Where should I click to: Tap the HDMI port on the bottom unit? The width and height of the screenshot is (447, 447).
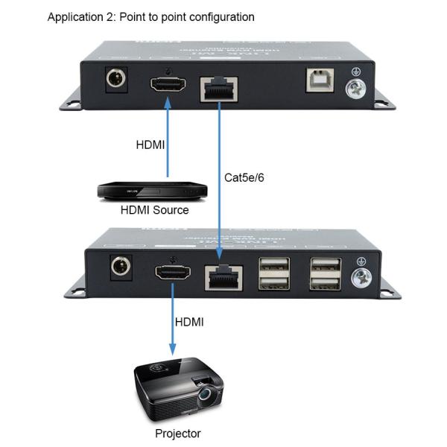(172, 273)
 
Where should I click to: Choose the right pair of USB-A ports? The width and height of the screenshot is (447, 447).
(326, 273)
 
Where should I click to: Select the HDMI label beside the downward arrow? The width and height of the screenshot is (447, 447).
(189, 322)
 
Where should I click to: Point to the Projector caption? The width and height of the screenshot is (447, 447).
(177, 433)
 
